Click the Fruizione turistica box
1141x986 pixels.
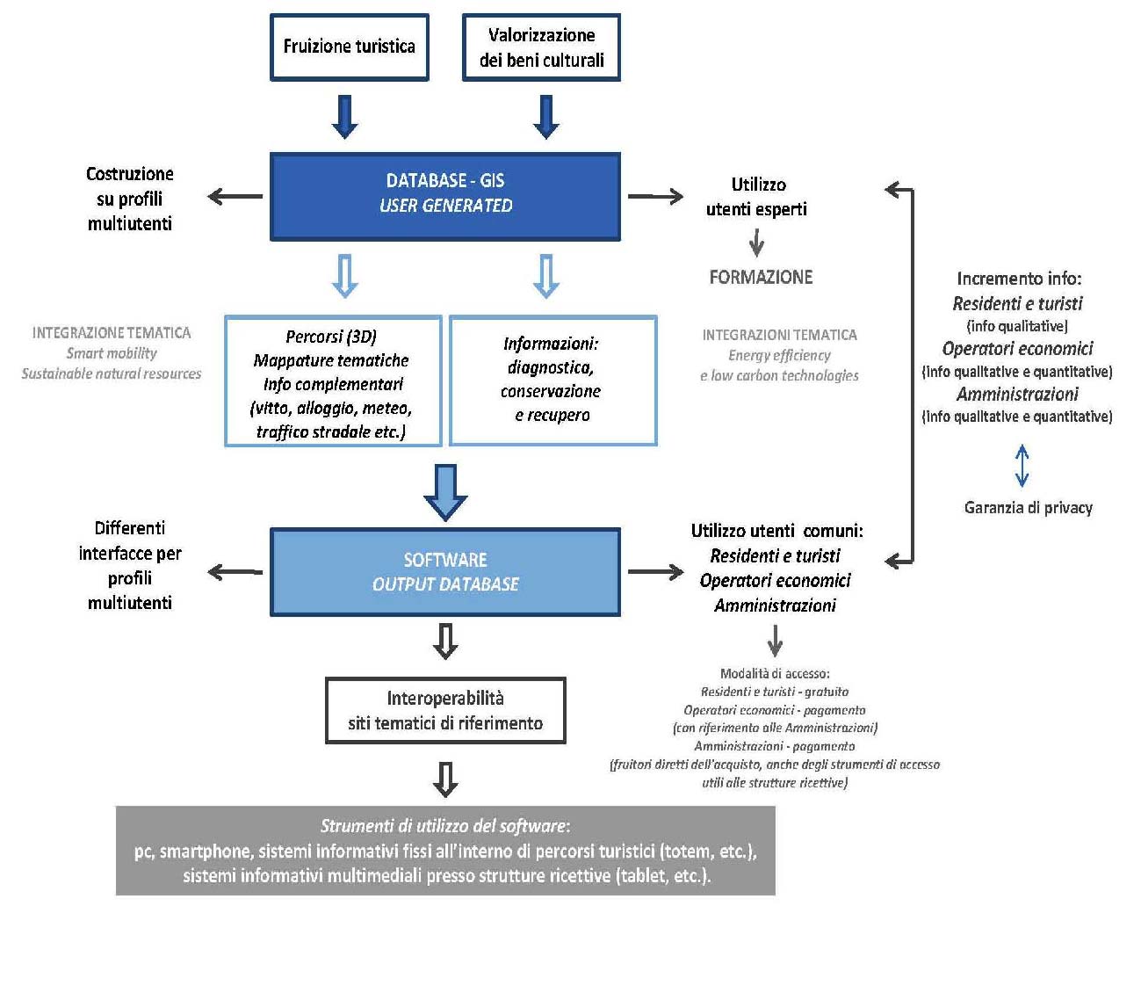coord(349,47)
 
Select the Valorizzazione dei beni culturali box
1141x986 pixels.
coord(541,47)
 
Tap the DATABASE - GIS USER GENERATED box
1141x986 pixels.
coord(445,196)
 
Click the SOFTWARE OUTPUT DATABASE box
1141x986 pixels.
coord(445,571)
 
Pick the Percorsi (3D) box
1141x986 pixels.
coord(333,381)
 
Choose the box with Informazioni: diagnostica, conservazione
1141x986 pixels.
coord(552,381)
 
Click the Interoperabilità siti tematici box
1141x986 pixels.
coord(445,710)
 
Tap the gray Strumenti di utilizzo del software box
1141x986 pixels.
coord(445,851)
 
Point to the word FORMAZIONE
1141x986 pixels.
coord(761,277)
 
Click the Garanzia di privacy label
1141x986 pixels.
coord(1028,507)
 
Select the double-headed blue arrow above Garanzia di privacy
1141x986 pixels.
coord(1022,465)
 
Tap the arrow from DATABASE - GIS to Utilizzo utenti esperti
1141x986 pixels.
coord(655,196)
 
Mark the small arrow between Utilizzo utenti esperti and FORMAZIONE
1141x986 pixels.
coord(756,243)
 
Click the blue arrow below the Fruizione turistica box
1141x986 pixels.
coord(345,117)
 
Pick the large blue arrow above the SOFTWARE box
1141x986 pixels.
coord(445,491)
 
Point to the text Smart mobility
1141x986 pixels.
coord(112,353)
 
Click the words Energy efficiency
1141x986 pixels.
coord(779,355)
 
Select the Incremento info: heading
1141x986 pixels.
coord(1019,279)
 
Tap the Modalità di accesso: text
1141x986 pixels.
coord(775,673)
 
